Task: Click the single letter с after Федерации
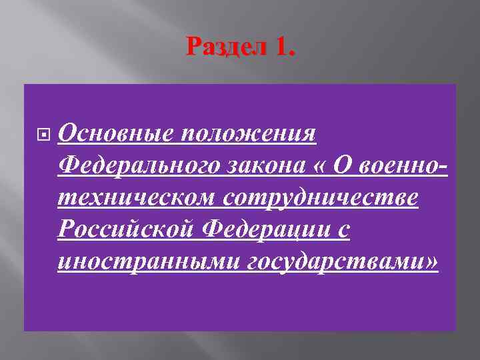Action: coord(343,231)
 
